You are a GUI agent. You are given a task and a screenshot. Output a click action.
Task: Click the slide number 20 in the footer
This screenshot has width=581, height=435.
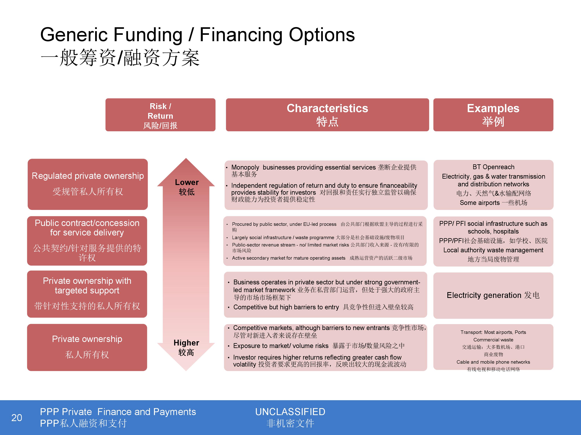click(16, 417)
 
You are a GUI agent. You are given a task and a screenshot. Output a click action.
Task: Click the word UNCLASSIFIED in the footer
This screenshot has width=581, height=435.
click(290, 412)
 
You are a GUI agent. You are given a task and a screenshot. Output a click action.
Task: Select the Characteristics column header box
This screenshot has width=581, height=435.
click(327, 115)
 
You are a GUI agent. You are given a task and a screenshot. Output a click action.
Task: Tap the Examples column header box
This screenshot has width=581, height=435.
click(493, 115)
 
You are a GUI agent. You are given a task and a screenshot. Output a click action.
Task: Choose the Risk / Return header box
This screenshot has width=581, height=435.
click(160, 115)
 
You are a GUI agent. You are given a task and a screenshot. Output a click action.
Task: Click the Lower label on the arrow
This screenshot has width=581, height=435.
click(187, 182)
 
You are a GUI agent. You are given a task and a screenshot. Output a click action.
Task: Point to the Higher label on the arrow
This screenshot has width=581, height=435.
click(187, 343)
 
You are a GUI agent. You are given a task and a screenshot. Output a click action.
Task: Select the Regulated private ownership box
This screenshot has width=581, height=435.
click(88, 184)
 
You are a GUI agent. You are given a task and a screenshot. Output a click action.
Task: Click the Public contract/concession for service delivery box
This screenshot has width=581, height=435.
click(87, 241)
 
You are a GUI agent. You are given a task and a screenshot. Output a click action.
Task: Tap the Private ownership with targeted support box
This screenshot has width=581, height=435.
click(87, 294)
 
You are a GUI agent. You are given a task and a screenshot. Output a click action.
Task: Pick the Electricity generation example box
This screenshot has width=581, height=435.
click(493, 295)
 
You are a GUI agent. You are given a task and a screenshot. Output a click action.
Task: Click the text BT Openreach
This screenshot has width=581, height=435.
click(493, 167)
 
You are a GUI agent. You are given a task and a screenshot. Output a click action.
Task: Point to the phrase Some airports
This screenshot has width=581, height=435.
click(480, 203)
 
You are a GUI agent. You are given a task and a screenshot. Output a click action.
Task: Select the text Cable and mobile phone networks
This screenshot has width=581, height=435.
click(493, 362)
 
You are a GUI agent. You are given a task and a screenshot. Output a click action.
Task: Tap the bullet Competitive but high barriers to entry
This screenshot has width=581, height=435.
click(286, 307)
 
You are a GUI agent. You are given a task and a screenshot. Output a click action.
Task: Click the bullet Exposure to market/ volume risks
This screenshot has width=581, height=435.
click(281, 346)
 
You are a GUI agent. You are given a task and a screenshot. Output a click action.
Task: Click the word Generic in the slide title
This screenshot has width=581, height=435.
click(74, 35)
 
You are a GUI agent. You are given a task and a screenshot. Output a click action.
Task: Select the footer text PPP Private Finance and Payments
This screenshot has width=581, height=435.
click(118, 412)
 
